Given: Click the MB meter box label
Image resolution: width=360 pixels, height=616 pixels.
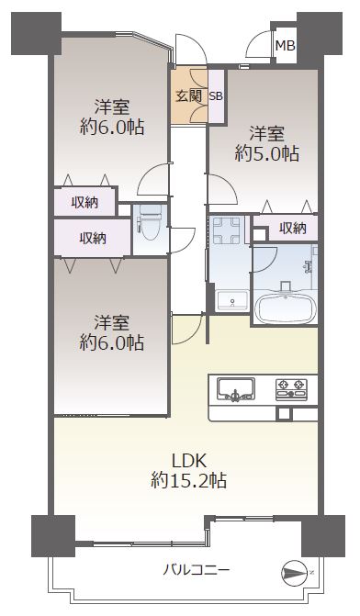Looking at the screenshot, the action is (x=285, y=46).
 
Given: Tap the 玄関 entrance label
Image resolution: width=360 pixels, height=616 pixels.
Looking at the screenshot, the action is (x=189, y=95).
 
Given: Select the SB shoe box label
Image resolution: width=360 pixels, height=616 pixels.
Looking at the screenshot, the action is (x=216, y=95).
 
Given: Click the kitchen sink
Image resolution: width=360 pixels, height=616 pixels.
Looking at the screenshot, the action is (x=236, y=389).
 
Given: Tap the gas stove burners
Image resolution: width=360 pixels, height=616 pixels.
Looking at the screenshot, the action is (x=291, y=389).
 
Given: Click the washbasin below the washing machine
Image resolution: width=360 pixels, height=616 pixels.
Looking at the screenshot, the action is (x=231, y=301).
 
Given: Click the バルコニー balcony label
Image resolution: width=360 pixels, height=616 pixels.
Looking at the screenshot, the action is (x=197, y=569).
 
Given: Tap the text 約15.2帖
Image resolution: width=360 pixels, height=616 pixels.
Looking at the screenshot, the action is (x=188, y=480).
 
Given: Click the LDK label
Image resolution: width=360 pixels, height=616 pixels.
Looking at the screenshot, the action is (x=189, y=461).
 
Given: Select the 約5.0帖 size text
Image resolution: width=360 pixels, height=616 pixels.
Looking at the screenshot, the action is (x=267, y=153).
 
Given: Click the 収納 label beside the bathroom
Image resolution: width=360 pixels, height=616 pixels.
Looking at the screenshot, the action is (x=293, y=228).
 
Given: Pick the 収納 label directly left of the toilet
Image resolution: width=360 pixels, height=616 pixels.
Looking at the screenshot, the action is (x=93, y=238).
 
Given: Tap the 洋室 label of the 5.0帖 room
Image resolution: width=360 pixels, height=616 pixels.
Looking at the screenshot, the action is (x=267, y=133).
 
